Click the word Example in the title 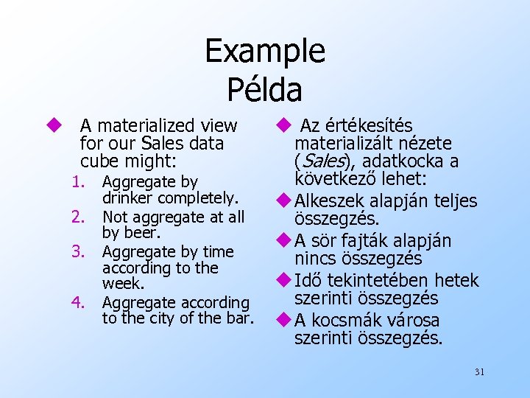[x=264, y=52]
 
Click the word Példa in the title [x=264, y=90]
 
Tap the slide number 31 [x=479, y=372]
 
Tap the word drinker [x=127, y=198]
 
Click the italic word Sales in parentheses [x=317, y=161]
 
